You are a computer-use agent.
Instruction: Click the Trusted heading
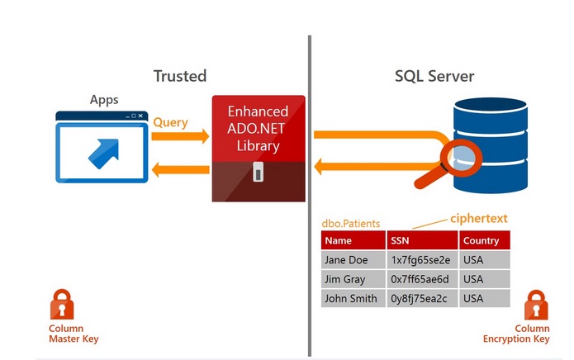click(179, 76)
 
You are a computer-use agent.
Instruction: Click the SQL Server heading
click(434, 76)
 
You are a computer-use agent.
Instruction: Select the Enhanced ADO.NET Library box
click(258, 148)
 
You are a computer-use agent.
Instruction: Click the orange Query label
click(170, 122)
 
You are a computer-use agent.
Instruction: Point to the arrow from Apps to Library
click(181, 136)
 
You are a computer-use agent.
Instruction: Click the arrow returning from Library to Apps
click(181, 171)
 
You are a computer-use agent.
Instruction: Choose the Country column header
click(481, 240)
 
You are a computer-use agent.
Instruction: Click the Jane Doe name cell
click(347, 260)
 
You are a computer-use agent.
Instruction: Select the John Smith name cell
click(351, 299)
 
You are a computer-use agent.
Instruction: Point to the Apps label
click(104, 100)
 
